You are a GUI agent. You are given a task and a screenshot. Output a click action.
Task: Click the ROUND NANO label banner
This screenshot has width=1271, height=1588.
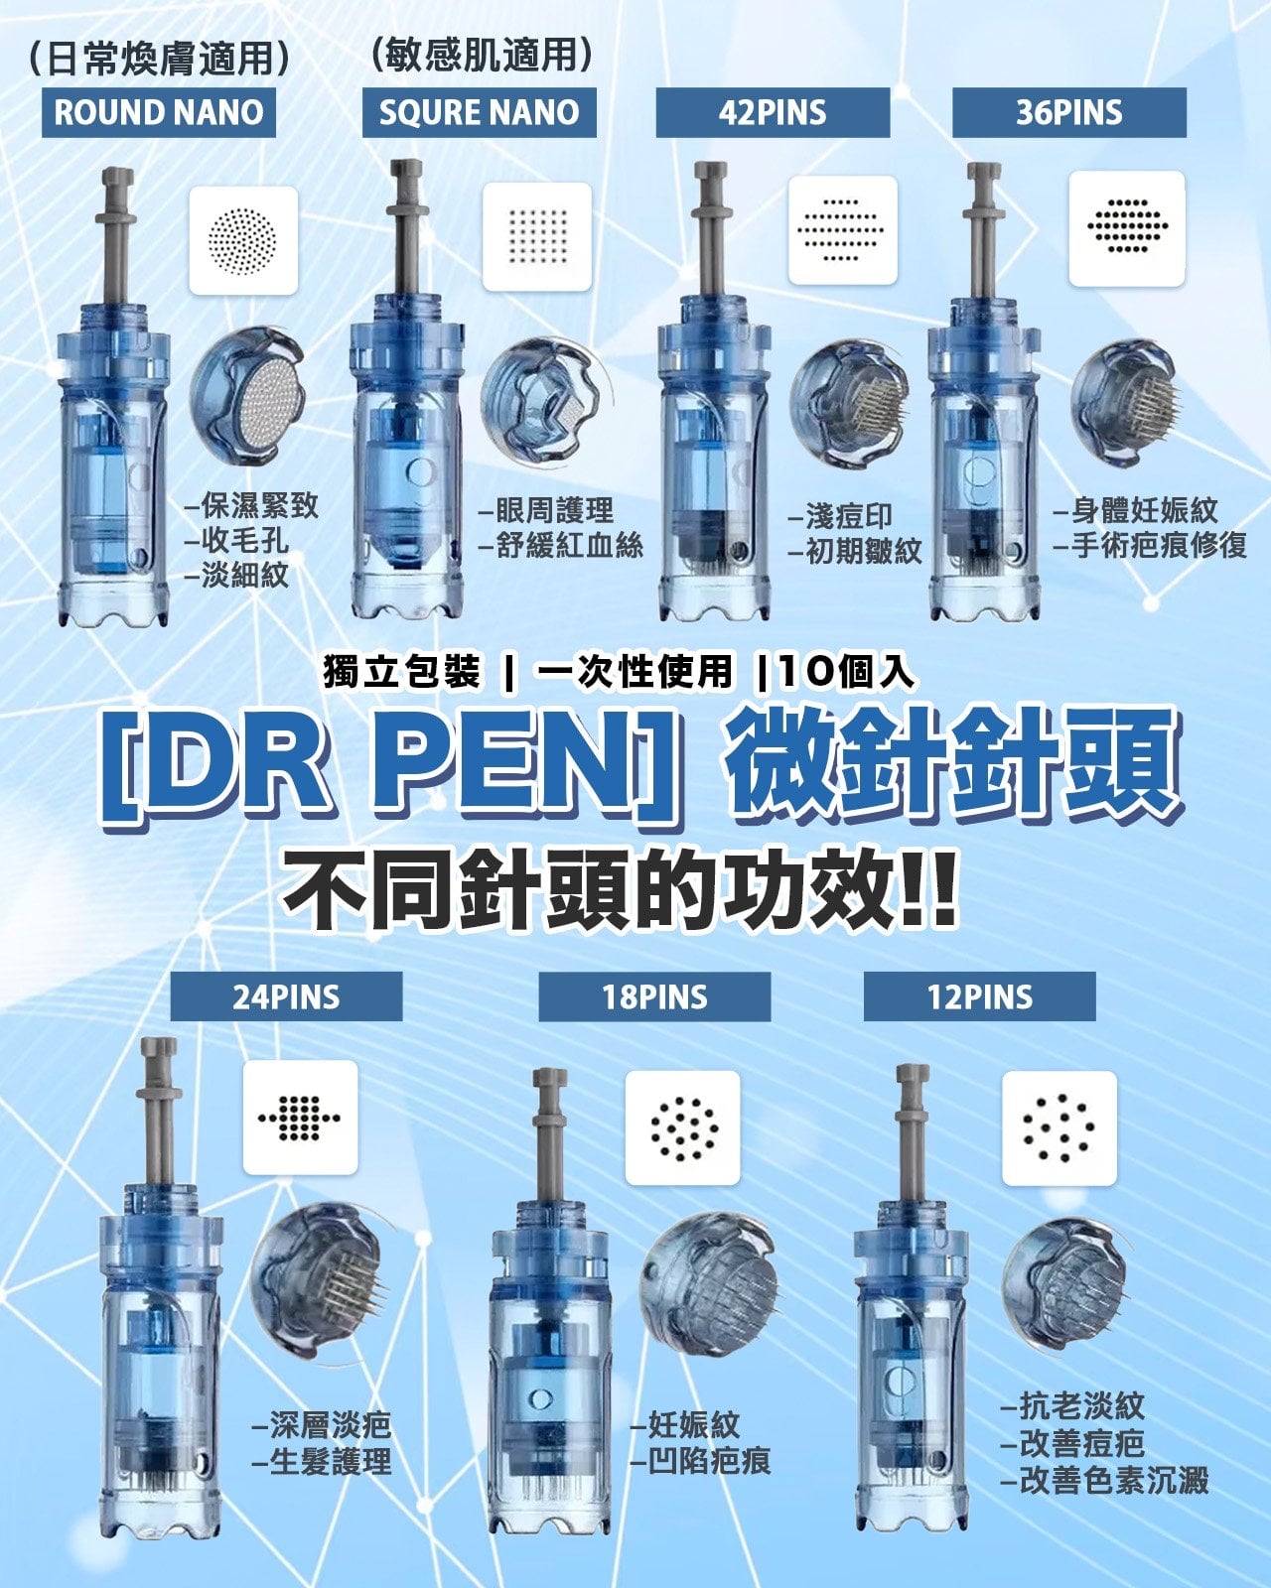(159, 112)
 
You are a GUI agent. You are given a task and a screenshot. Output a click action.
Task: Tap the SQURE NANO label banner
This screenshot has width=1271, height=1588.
(480, 112)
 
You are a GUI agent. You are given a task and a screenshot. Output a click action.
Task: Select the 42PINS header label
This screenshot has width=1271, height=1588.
(773, 112)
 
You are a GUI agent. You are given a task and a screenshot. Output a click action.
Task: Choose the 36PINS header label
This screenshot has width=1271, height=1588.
(1069, 112)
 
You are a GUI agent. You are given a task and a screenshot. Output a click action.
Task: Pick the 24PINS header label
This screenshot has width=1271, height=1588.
(287, 996)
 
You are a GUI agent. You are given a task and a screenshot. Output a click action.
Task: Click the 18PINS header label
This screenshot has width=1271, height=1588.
(655, 996)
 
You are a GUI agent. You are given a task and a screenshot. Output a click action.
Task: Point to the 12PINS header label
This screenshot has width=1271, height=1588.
(980, 996)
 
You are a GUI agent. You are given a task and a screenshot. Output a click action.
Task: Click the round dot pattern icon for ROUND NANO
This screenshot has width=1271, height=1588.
(243, 240)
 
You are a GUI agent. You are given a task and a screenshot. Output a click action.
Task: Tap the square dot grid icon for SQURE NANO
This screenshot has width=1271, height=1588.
(537, 237)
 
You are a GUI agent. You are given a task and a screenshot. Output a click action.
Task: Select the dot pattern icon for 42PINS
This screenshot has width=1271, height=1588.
(843, 230)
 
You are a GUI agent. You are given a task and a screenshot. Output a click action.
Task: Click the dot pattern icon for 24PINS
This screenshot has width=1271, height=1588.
(300, 1118)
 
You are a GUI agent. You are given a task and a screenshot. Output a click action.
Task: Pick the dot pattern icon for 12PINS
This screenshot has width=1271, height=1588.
(1059, 1128)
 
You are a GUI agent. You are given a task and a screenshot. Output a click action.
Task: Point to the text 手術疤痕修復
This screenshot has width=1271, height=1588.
(1160, 545)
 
